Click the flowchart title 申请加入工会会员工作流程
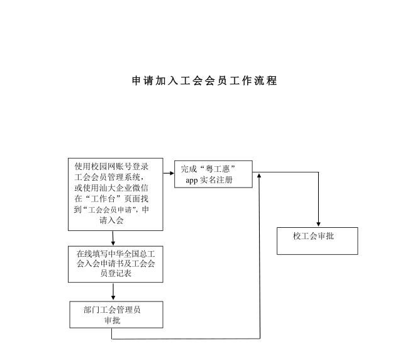(204, 81)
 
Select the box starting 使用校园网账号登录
(116, 194)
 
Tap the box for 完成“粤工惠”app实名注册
(213, 174)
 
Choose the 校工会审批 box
(317, 240)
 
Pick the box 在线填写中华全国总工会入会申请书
(113, 264)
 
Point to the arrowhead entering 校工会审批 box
(318, 223)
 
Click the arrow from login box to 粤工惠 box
(169, 172)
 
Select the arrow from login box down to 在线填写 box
(113, 238)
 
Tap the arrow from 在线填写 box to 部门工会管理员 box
(113, 292)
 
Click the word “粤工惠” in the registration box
(216, 169)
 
